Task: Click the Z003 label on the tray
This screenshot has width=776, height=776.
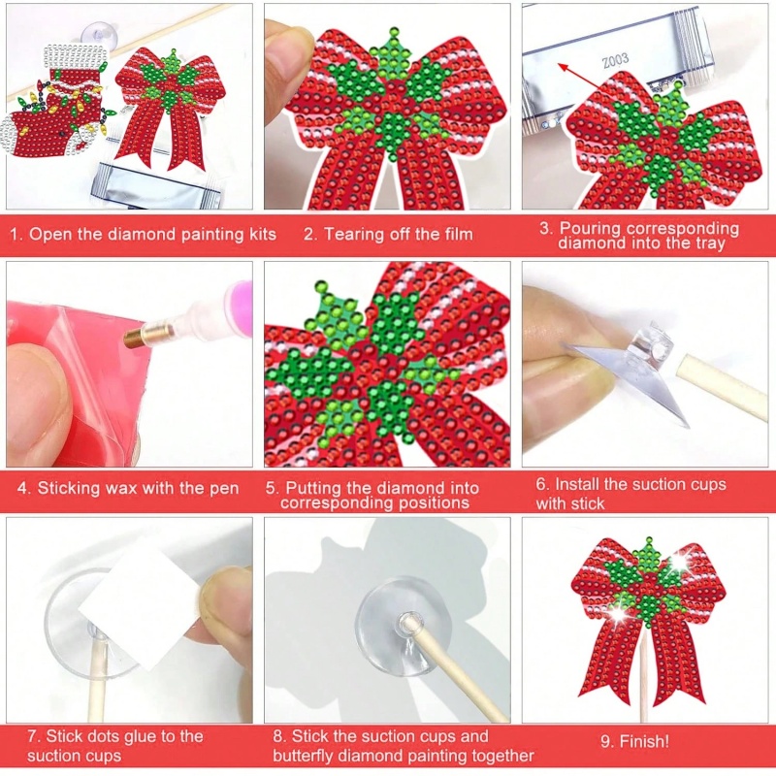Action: click(x=615, y=59)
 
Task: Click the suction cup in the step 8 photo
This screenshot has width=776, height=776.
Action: click(x=401, y=627)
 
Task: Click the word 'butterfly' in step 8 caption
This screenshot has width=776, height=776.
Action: click(x=307, y=756)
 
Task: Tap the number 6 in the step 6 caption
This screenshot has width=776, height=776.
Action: click(x=542, y=484)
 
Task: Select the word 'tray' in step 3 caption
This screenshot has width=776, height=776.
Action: click(x=707, y=244)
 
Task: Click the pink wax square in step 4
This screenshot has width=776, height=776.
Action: click(x=68, y=388)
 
